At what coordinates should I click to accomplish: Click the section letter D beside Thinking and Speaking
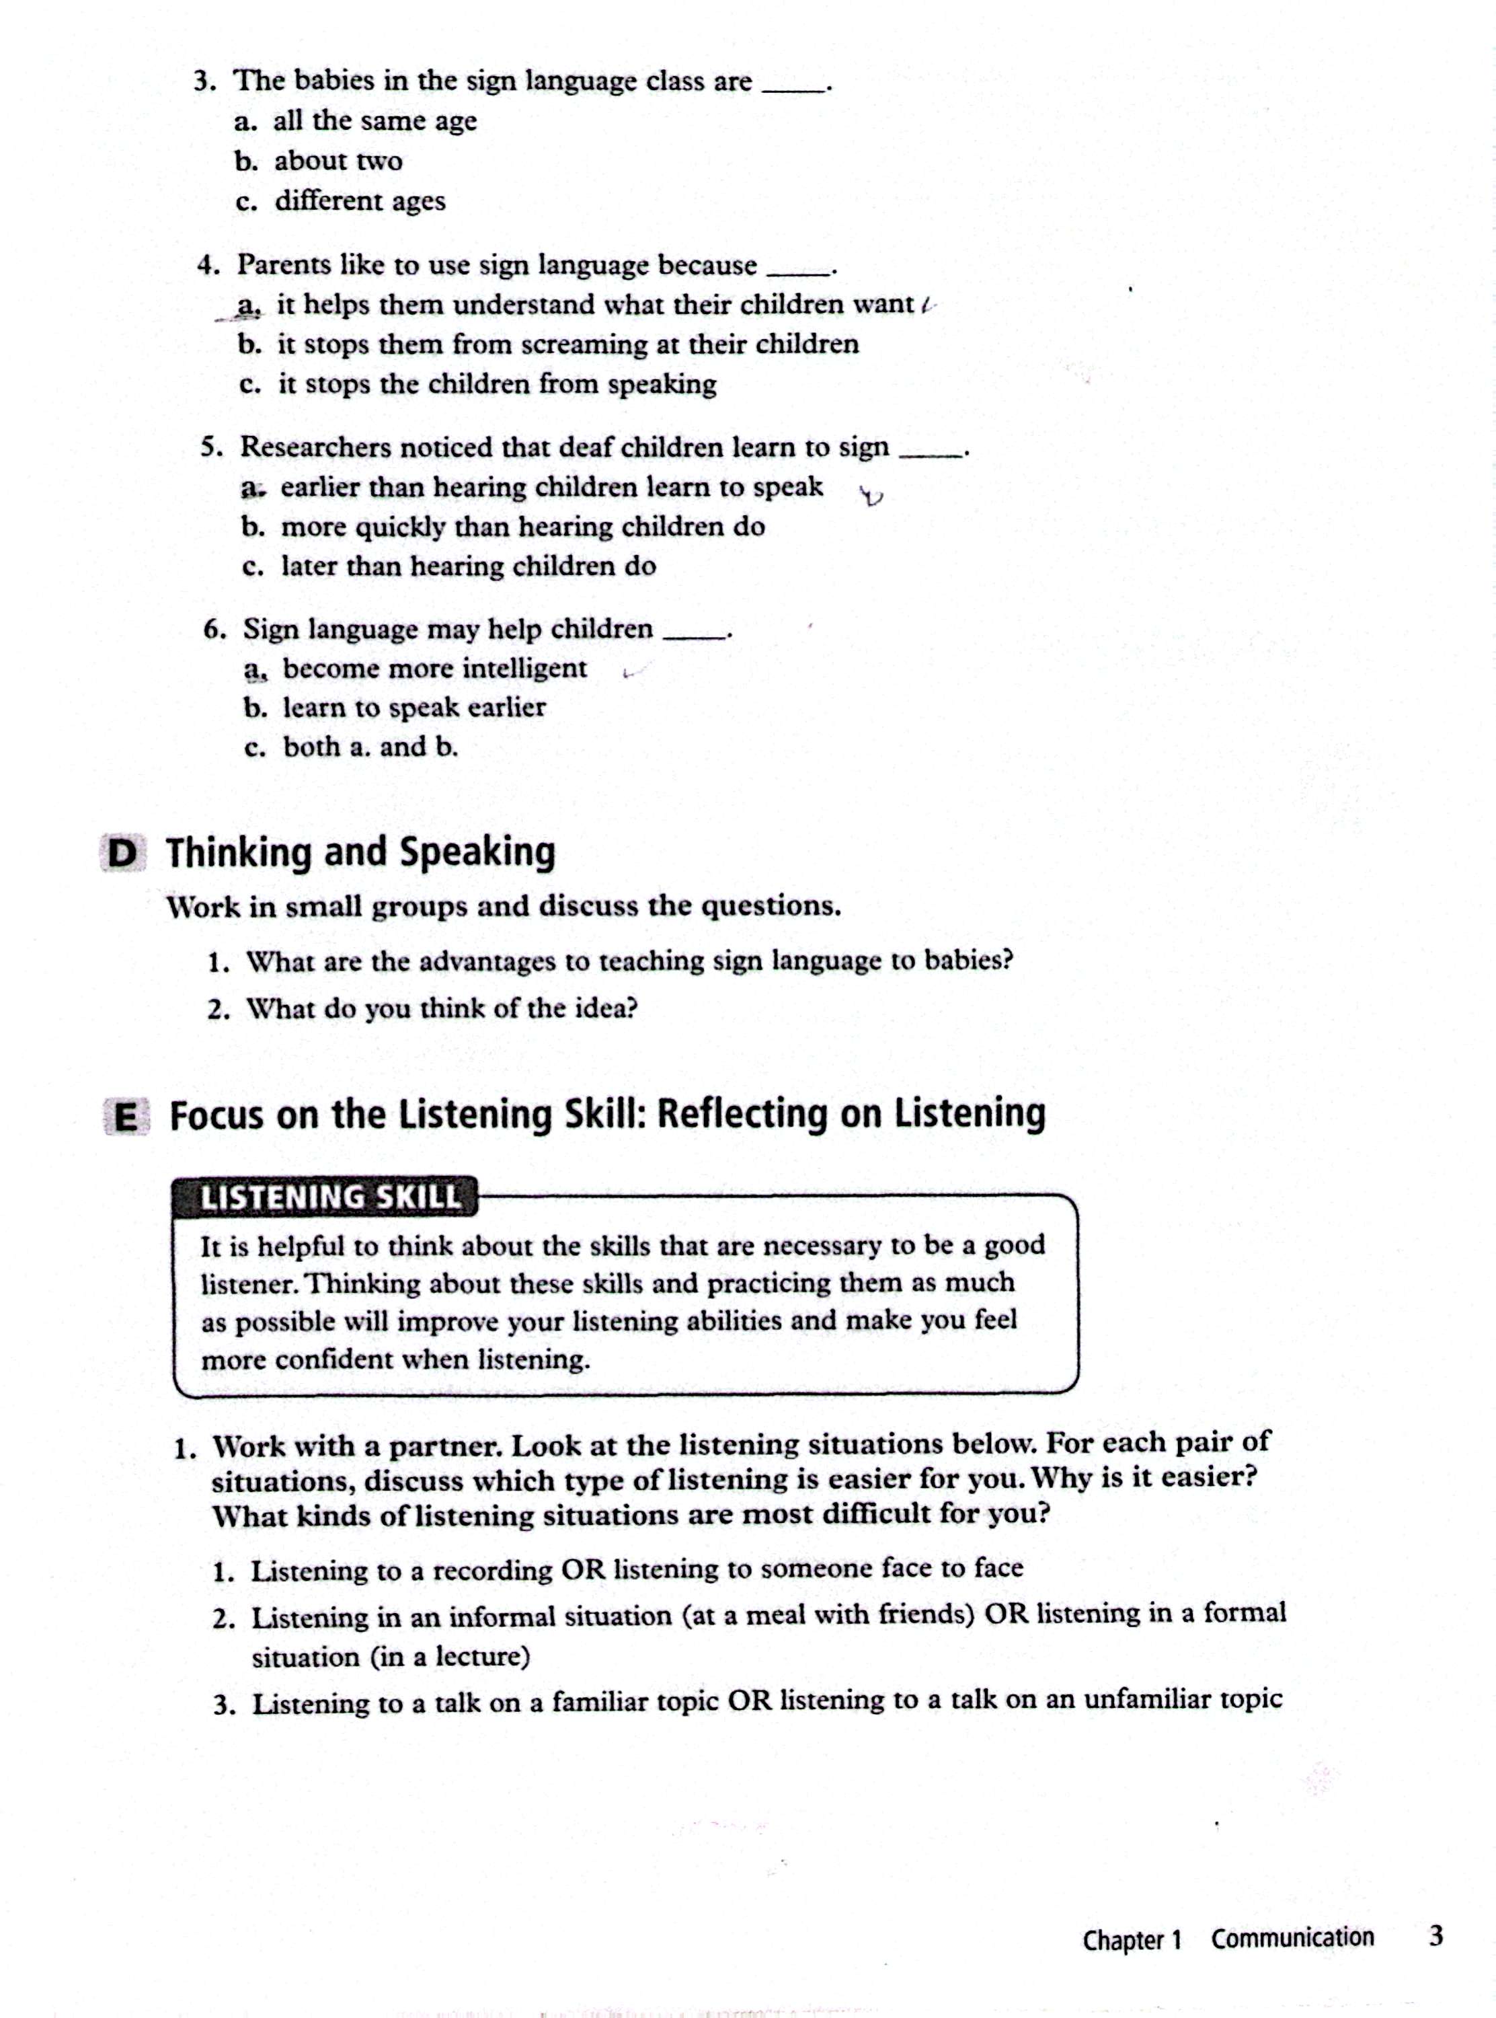(123, 853)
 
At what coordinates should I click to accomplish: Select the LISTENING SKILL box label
(329, 1197)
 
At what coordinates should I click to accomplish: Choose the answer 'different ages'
(360, 200)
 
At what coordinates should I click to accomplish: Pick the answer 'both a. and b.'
(370, 747)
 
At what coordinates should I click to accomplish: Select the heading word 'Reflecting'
(742, 1114)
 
